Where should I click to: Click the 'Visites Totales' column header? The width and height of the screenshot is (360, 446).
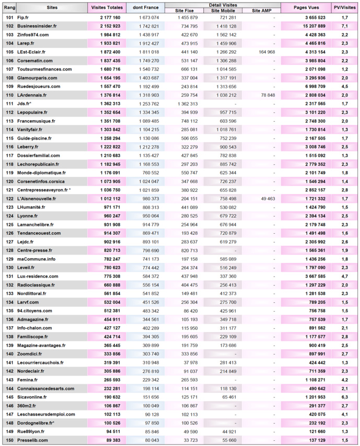[x=107, y=8]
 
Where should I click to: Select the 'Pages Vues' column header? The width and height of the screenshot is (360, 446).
[x=306, y=8]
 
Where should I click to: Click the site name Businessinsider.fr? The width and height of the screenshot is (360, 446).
[x=38, y=26]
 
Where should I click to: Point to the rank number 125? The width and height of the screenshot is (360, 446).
[x=9, y=224]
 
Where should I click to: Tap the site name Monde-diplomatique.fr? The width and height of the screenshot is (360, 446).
[x=41, y=173]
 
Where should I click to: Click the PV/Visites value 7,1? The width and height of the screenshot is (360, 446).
[x=345, y=26]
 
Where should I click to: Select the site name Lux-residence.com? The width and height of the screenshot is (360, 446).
[x=38, y=276]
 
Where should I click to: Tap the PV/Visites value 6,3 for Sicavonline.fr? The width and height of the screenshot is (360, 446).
[x=345, y=397]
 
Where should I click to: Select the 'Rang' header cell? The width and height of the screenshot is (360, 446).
[x=9, y=8]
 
